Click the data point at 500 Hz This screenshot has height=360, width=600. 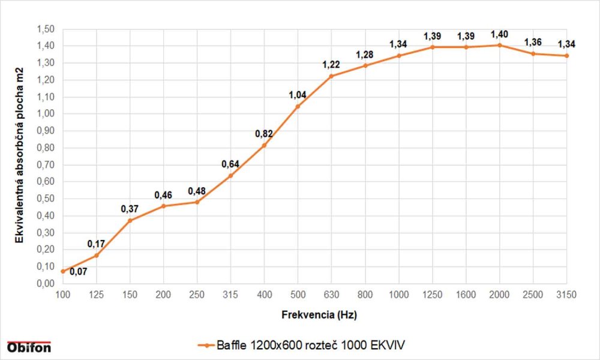pyautogui.click(x=298, y=106)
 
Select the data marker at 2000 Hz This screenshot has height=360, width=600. pyautogui.click(x=499, y=45)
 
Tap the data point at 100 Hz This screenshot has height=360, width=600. pyautogui.click(x=62, y=271)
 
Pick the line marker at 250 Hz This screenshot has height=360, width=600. pyautogui.click(x=197, y=202)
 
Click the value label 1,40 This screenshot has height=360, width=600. pyautogui.click(x=499, y=34)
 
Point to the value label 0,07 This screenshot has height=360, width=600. pyautogui.click(x=78, y=272)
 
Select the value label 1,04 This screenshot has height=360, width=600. pyautogui.click(x=298, y=95)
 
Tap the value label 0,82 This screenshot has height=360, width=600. pyautogui.click(x=264, y=133)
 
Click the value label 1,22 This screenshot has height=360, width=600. pyautogui.click(x=331, y=65)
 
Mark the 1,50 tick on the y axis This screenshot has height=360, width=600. pyautogui.click(x=46, y=29)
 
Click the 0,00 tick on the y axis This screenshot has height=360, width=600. pyautogui.click(x=46, y=284)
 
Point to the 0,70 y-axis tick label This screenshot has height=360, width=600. pyautogui.click(x=46, y=165)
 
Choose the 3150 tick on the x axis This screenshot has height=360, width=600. pyautogui.click(x=566, y=294)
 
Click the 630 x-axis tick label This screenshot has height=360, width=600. pyautogui.click(x=331, y=294)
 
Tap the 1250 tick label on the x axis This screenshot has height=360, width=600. pyautogui.click(x=432, y=294)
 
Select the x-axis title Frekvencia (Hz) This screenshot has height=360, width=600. pyautogui.click(x=314, y=313)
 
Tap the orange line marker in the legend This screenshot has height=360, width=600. pyautogui.click(x=205, y=345)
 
